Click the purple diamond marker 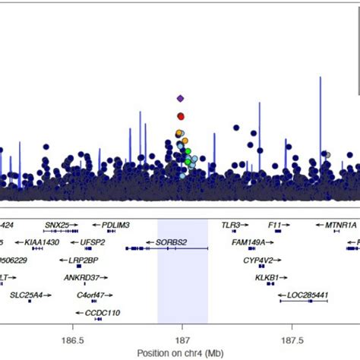click(181, 98)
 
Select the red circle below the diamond click(181, 116)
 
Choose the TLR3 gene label click(231, 225)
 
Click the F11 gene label click(276, 225)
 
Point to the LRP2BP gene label click(84, 259)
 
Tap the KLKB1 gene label click(270, 276)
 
